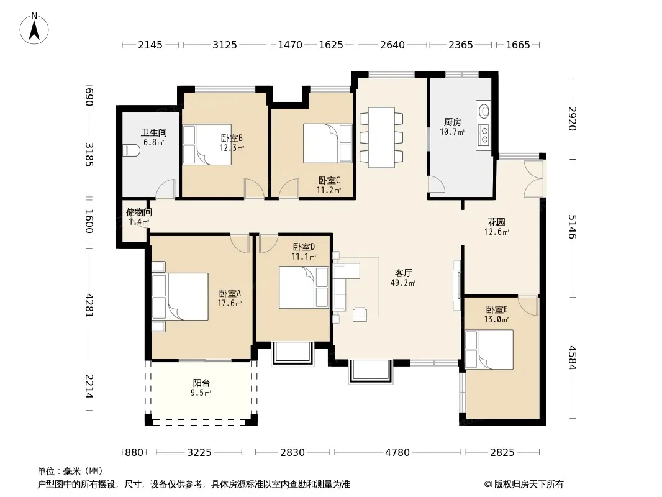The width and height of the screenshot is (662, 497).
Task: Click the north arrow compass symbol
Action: [34, 29]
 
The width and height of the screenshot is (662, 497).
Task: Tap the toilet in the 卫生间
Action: [131, 150]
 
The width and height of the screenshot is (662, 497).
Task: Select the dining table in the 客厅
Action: [381, 137]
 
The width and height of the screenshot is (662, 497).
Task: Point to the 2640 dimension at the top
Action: [392, 45]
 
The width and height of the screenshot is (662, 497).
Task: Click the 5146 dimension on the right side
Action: [572, 226]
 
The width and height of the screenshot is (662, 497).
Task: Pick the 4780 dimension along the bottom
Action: [397, 453]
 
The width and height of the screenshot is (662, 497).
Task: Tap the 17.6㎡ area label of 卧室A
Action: [230, 303]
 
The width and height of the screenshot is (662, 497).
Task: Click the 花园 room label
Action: [497, 222]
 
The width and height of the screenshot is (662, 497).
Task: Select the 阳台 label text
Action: [201, 383]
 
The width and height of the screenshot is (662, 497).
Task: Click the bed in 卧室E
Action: [489, 350]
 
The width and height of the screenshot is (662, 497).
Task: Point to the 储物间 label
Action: [138, 212]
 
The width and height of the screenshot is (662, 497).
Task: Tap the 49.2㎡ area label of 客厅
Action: [403, 283]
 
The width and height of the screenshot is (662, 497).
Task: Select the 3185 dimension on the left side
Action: [89, 155]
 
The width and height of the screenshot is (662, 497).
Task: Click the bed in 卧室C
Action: [328, 144]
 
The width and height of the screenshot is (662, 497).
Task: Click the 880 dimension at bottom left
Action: [134, 453]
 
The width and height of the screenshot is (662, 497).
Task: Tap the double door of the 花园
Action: [533, 178]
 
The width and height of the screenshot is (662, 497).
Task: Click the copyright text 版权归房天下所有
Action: [528, 485]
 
